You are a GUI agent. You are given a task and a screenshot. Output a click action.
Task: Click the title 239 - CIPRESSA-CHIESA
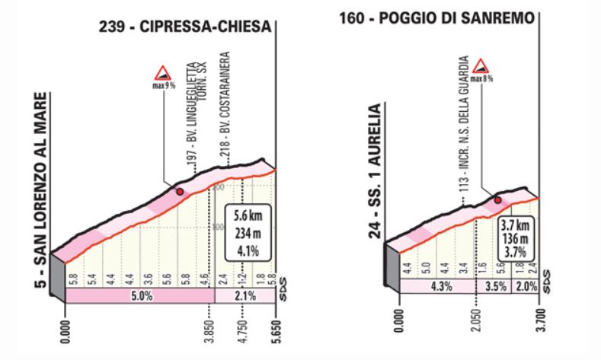(184, 27)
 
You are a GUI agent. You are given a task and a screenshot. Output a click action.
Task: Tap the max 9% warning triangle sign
(162, 74)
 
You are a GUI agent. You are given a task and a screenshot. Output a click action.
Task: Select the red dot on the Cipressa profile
(180, 192)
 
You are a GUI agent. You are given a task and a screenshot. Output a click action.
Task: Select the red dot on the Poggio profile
(497, 200)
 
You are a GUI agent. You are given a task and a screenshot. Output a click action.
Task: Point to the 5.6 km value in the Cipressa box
(247, 215)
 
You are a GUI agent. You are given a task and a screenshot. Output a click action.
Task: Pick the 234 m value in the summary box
(247, 228)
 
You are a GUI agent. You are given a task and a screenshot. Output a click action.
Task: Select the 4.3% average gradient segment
(428, 287)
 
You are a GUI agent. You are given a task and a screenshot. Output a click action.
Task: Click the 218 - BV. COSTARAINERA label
(230, 107)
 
